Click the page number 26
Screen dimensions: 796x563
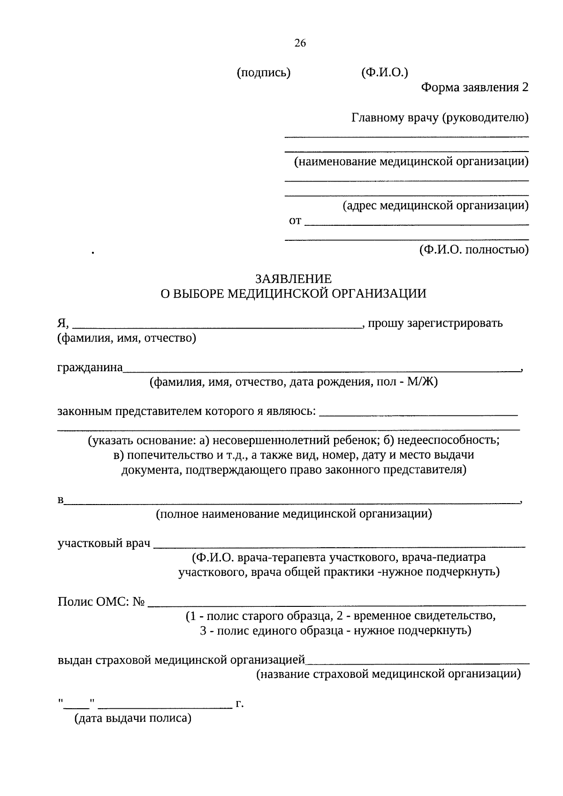click(300, 43)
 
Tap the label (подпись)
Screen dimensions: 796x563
click(264, 73)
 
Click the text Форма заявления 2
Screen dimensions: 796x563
click(474, 87)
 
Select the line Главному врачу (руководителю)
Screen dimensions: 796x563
click(440, 117)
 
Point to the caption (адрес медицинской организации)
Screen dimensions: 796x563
click(435, 205)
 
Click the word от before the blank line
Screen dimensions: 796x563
click(295, 221)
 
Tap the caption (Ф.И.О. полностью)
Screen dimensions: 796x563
click(473, 249)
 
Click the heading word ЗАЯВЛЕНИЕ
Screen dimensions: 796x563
click(293, 279)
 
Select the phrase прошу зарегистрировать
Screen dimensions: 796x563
click(435, 323)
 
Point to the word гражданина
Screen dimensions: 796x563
click(90, 367)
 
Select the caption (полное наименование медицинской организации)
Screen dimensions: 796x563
click(294, 513)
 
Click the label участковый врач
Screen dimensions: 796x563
click(104, 543)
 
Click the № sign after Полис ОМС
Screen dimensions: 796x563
click(138, 602)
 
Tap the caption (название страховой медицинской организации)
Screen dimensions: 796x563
click(388, 674)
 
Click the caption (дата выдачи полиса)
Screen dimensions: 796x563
click(133, 718)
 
